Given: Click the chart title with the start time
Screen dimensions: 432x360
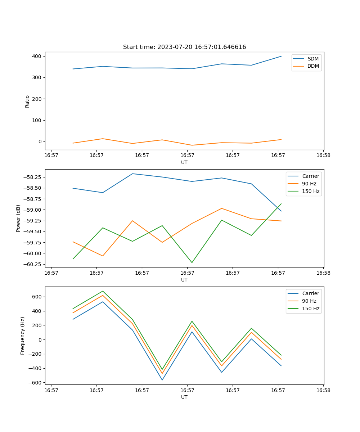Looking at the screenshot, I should click(x=184, y=47).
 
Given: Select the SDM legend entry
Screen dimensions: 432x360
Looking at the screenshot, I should click(x=313, y=59).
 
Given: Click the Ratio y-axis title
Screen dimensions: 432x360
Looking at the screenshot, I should click(x=27, y=101).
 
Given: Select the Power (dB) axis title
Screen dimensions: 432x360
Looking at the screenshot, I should click(x=18, y=218).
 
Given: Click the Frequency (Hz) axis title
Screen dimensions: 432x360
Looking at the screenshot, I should click(x=23, y=336).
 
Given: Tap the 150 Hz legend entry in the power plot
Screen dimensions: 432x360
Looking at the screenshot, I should click(x=311, y=191).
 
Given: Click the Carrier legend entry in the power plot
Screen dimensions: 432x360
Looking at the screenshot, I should click(x=310, y=176).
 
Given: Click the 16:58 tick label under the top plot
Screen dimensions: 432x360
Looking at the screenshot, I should click(x=323, y=156).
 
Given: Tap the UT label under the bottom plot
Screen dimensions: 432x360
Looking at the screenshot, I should click(x=184, y=397).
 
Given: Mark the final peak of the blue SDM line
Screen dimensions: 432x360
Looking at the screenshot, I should click(x=281, y=56).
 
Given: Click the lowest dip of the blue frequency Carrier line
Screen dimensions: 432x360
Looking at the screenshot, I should click(x=162, y=380).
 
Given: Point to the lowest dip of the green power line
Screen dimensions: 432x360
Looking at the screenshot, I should click(x=192, y=262).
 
